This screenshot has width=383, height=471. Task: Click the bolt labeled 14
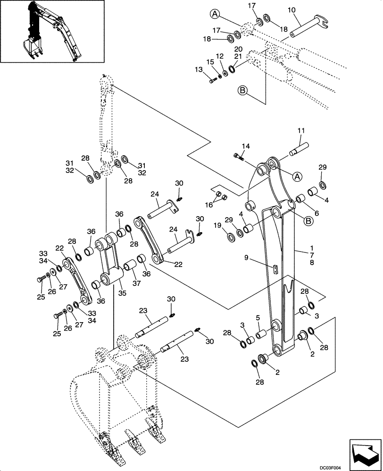tap(239, 156)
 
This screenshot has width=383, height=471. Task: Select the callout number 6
tap(316, 213)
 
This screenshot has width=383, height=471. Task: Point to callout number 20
tap(238, 49)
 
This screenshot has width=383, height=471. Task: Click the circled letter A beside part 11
tap(297, 177)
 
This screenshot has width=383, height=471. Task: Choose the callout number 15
tap(210, 62)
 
